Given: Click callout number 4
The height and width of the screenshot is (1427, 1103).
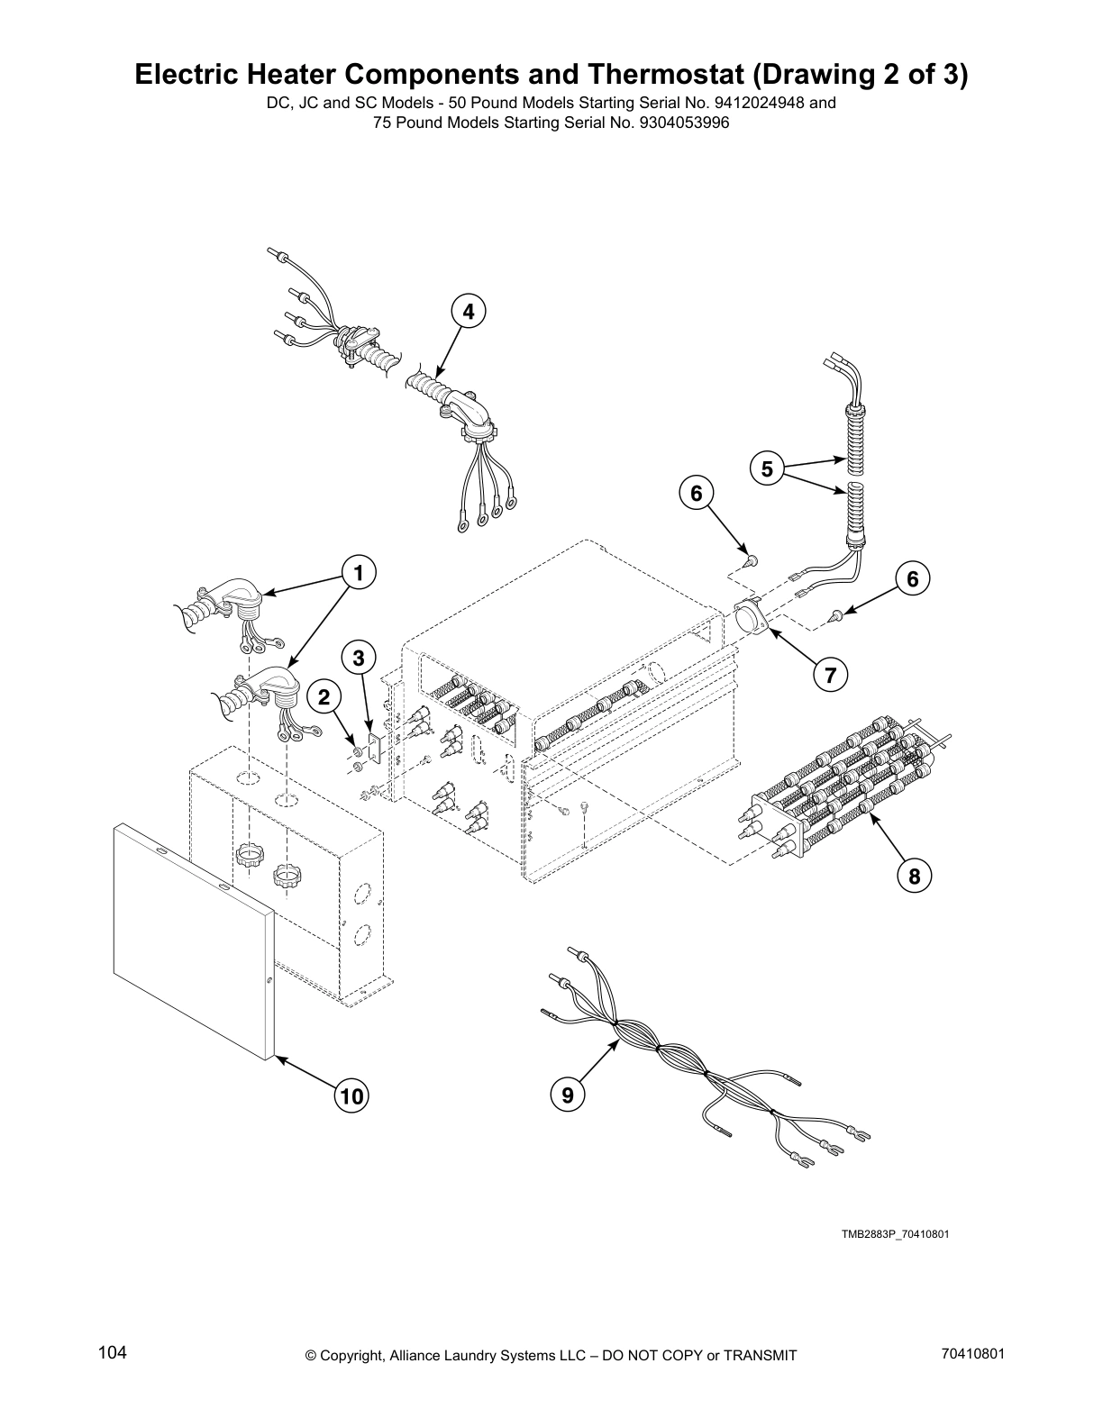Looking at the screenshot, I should coord(468,312).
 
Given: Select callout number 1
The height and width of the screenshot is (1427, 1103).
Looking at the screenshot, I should coord(358,572).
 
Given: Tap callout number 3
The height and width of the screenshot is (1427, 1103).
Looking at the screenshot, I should coord(359,659).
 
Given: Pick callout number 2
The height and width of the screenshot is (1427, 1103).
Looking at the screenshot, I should coord(324,696).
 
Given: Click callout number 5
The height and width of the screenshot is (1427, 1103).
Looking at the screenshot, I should coord(767,468).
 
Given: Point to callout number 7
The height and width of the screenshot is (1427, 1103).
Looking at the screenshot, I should coord(829,674).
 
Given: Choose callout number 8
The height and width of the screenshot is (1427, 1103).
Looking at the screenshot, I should coord(914,875).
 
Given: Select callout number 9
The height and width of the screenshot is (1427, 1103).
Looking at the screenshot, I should coord(567,1095).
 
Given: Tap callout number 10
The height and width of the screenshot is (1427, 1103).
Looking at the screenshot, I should coord(351,1095).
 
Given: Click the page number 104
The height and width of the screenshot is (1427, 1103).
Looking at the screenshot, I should coord(113,1352).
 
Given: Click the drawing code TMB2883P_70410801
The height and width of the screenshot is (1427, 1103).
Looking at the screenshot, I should coord(895,1233).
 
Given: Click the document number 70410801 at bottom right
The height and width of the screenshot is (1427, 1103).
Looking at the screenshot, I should coord(972,1352).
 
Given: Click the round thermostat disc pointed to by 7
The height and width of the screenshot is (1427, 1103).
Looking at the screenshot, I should coord(750,620).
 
